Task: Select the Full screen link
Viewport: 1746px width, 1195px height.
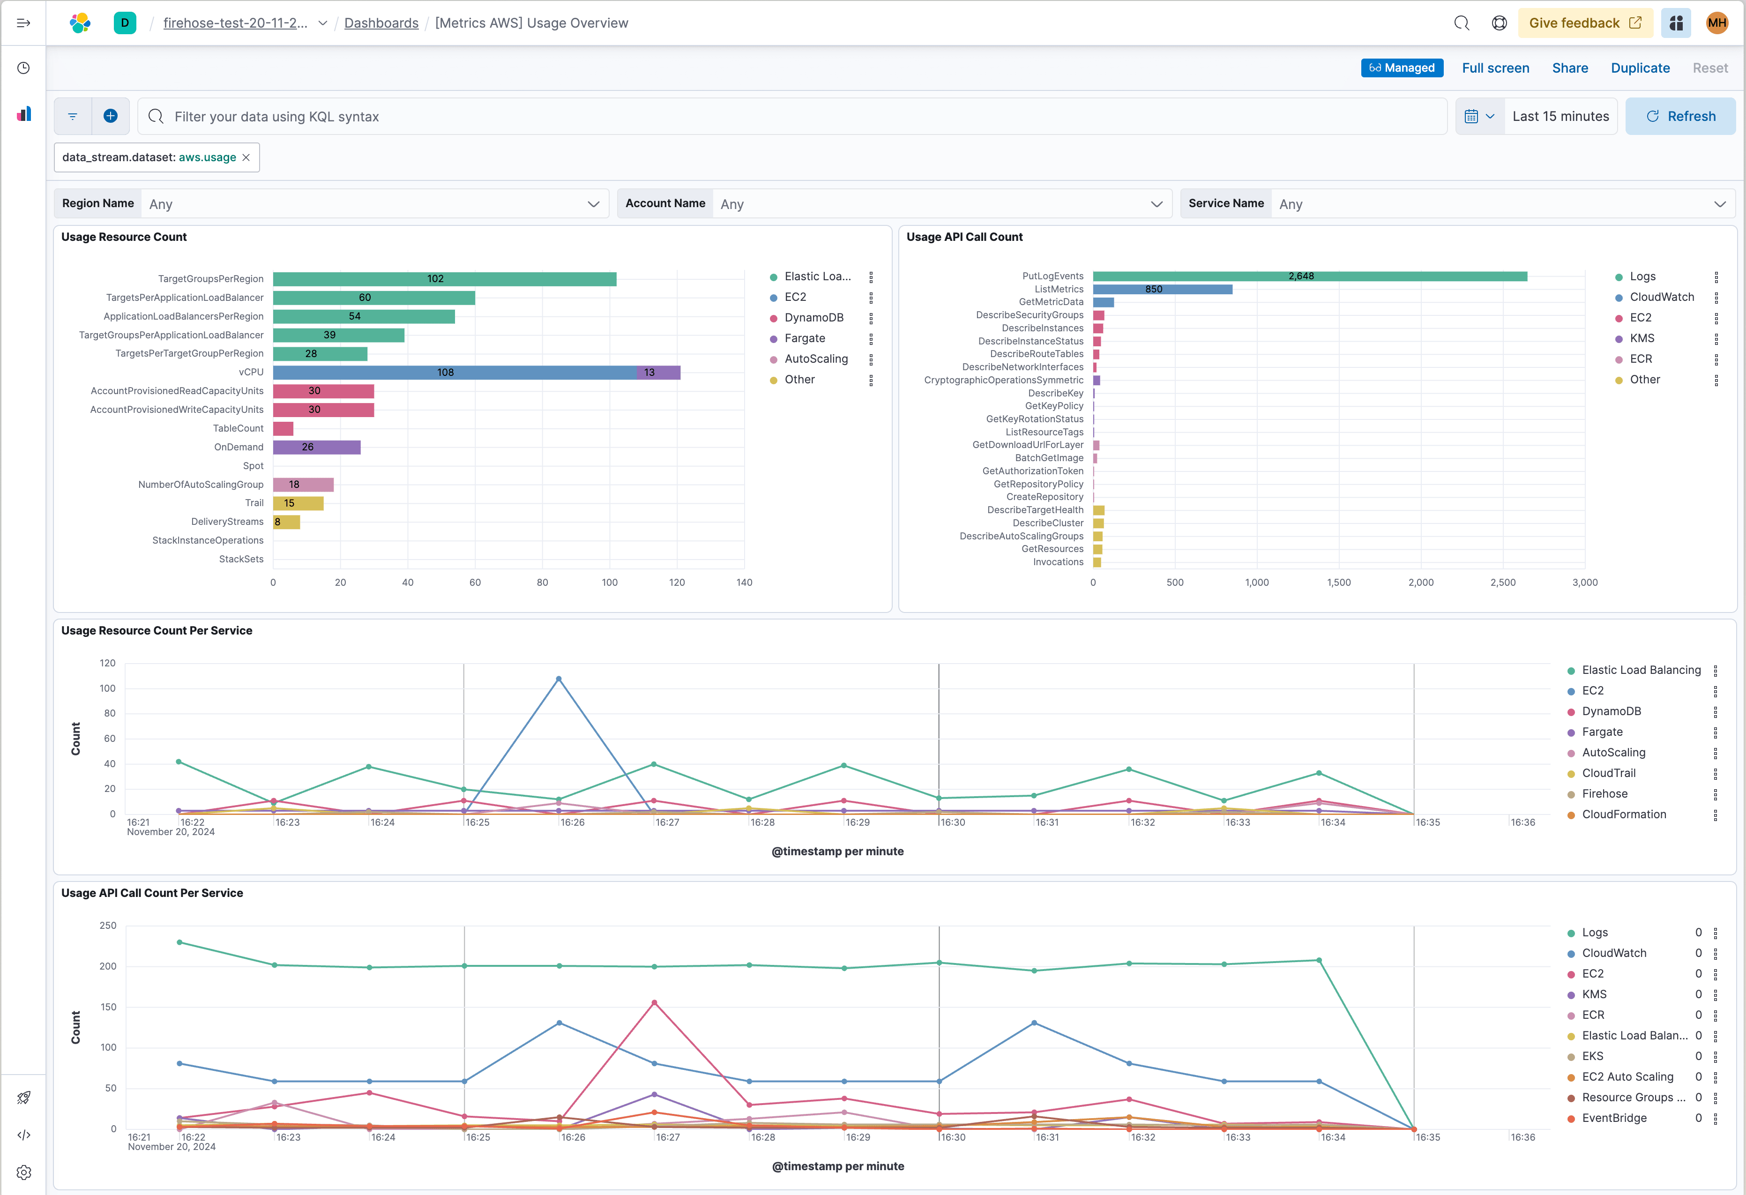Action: coord(1495,67)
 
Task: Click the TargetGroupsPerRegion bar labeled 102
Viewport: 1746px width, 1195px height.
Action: coord(444,279)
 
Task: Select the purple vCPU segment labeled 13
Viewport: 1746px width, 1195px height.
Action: coord(658,373)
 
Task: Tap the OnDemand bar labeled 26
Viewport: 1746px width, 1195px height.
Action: coord(316,447)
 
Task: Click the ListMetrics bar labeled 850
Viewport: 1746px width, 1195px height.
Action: coord(1162,289)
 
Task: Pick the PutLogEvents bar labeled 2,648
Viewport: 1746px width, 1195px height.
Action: coord(1309,276)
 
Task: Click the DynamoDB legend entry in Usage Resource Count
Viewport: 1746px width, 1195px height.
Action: coord(813,318)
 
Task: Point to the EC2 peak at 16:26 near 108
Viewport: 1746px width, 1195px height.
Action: coord(558,679)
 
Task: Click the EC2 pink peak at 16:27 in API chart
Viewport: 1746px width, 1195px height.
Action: coord(654,1002)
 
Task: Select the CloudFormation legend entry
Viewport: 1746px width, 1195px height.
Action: coord(1624,814)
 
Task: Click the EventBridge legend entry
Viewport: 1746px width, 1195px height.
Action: coord(1614,1118)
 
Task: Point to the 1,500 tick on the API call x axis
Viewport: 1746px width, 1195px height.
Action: coord(1339,583)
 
